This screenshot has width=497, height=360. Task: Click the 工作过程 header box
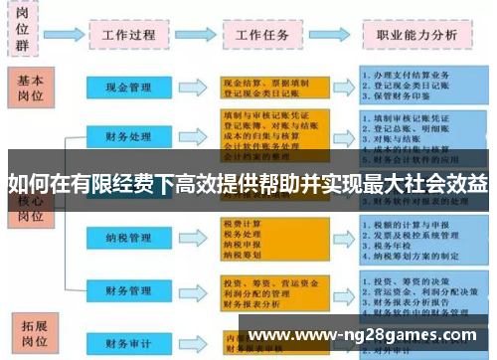coord(128,33)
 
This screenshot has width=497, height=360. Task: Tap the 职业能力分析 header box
coord(416,33)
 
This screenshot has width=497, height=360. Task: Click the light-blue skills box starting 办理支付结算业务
coord(417,88)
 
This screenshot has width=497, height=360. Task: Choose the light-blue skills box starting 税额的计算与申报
coord(417,239)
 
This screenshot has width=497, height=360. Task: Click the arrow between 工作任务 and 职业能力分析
coord(339,33)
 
